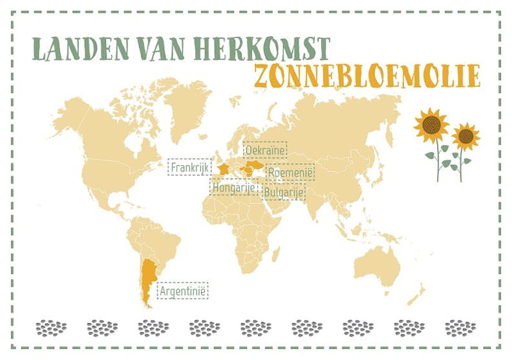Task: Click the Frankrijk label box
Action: pyautogui.click(x=190, y=168)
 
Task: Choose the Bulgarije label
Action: pyautogui.click(x=284, y=191)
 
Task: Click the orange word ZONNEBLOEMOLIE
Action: pyautogui.click(x=367, y=76)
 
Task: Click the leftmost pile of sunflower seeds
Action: pyautogui.click(x=51, y=328)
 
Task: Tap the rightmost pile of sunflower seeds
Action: pyautogui.click(x=460, y=328)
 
